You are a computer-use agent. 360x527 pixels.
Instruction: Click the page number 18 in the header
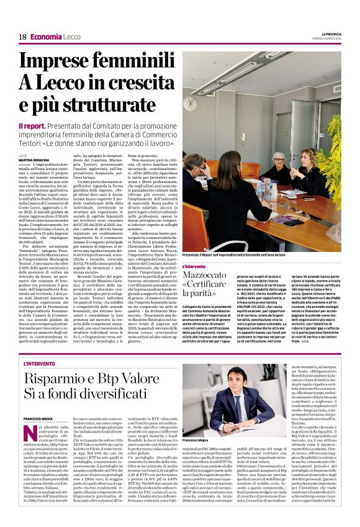click(22, 37)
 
